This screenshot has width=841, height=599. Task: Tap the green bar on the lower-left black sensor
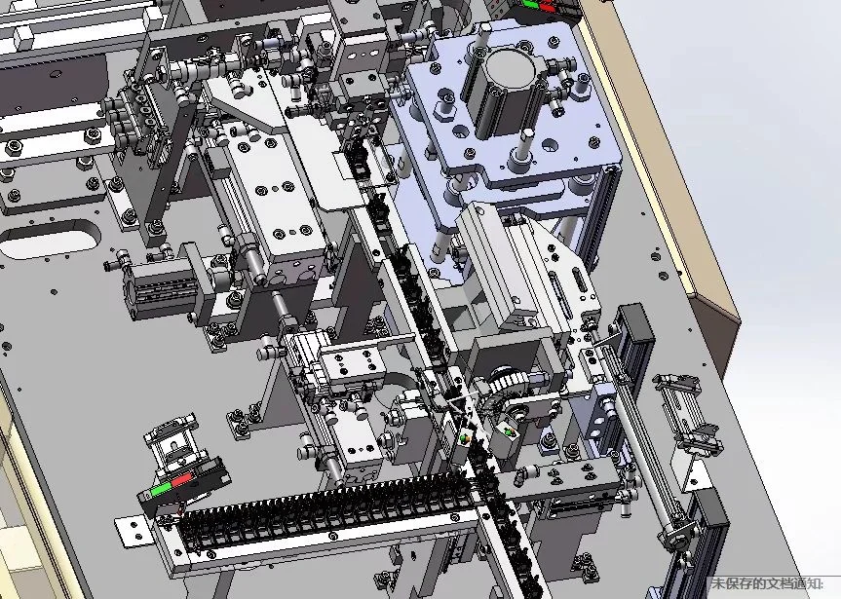[x=161, y=489]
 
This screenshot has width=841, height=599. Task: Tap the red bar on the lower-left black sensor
[x=181, y=480]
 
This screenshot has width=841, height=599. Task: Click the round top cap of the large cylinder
[x=512, y=66]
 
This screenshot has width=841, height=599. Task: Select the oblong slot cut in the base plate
[x=51, y=239]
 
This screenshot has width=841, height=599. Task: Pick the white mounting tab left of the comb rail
[x=131, y=532]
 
